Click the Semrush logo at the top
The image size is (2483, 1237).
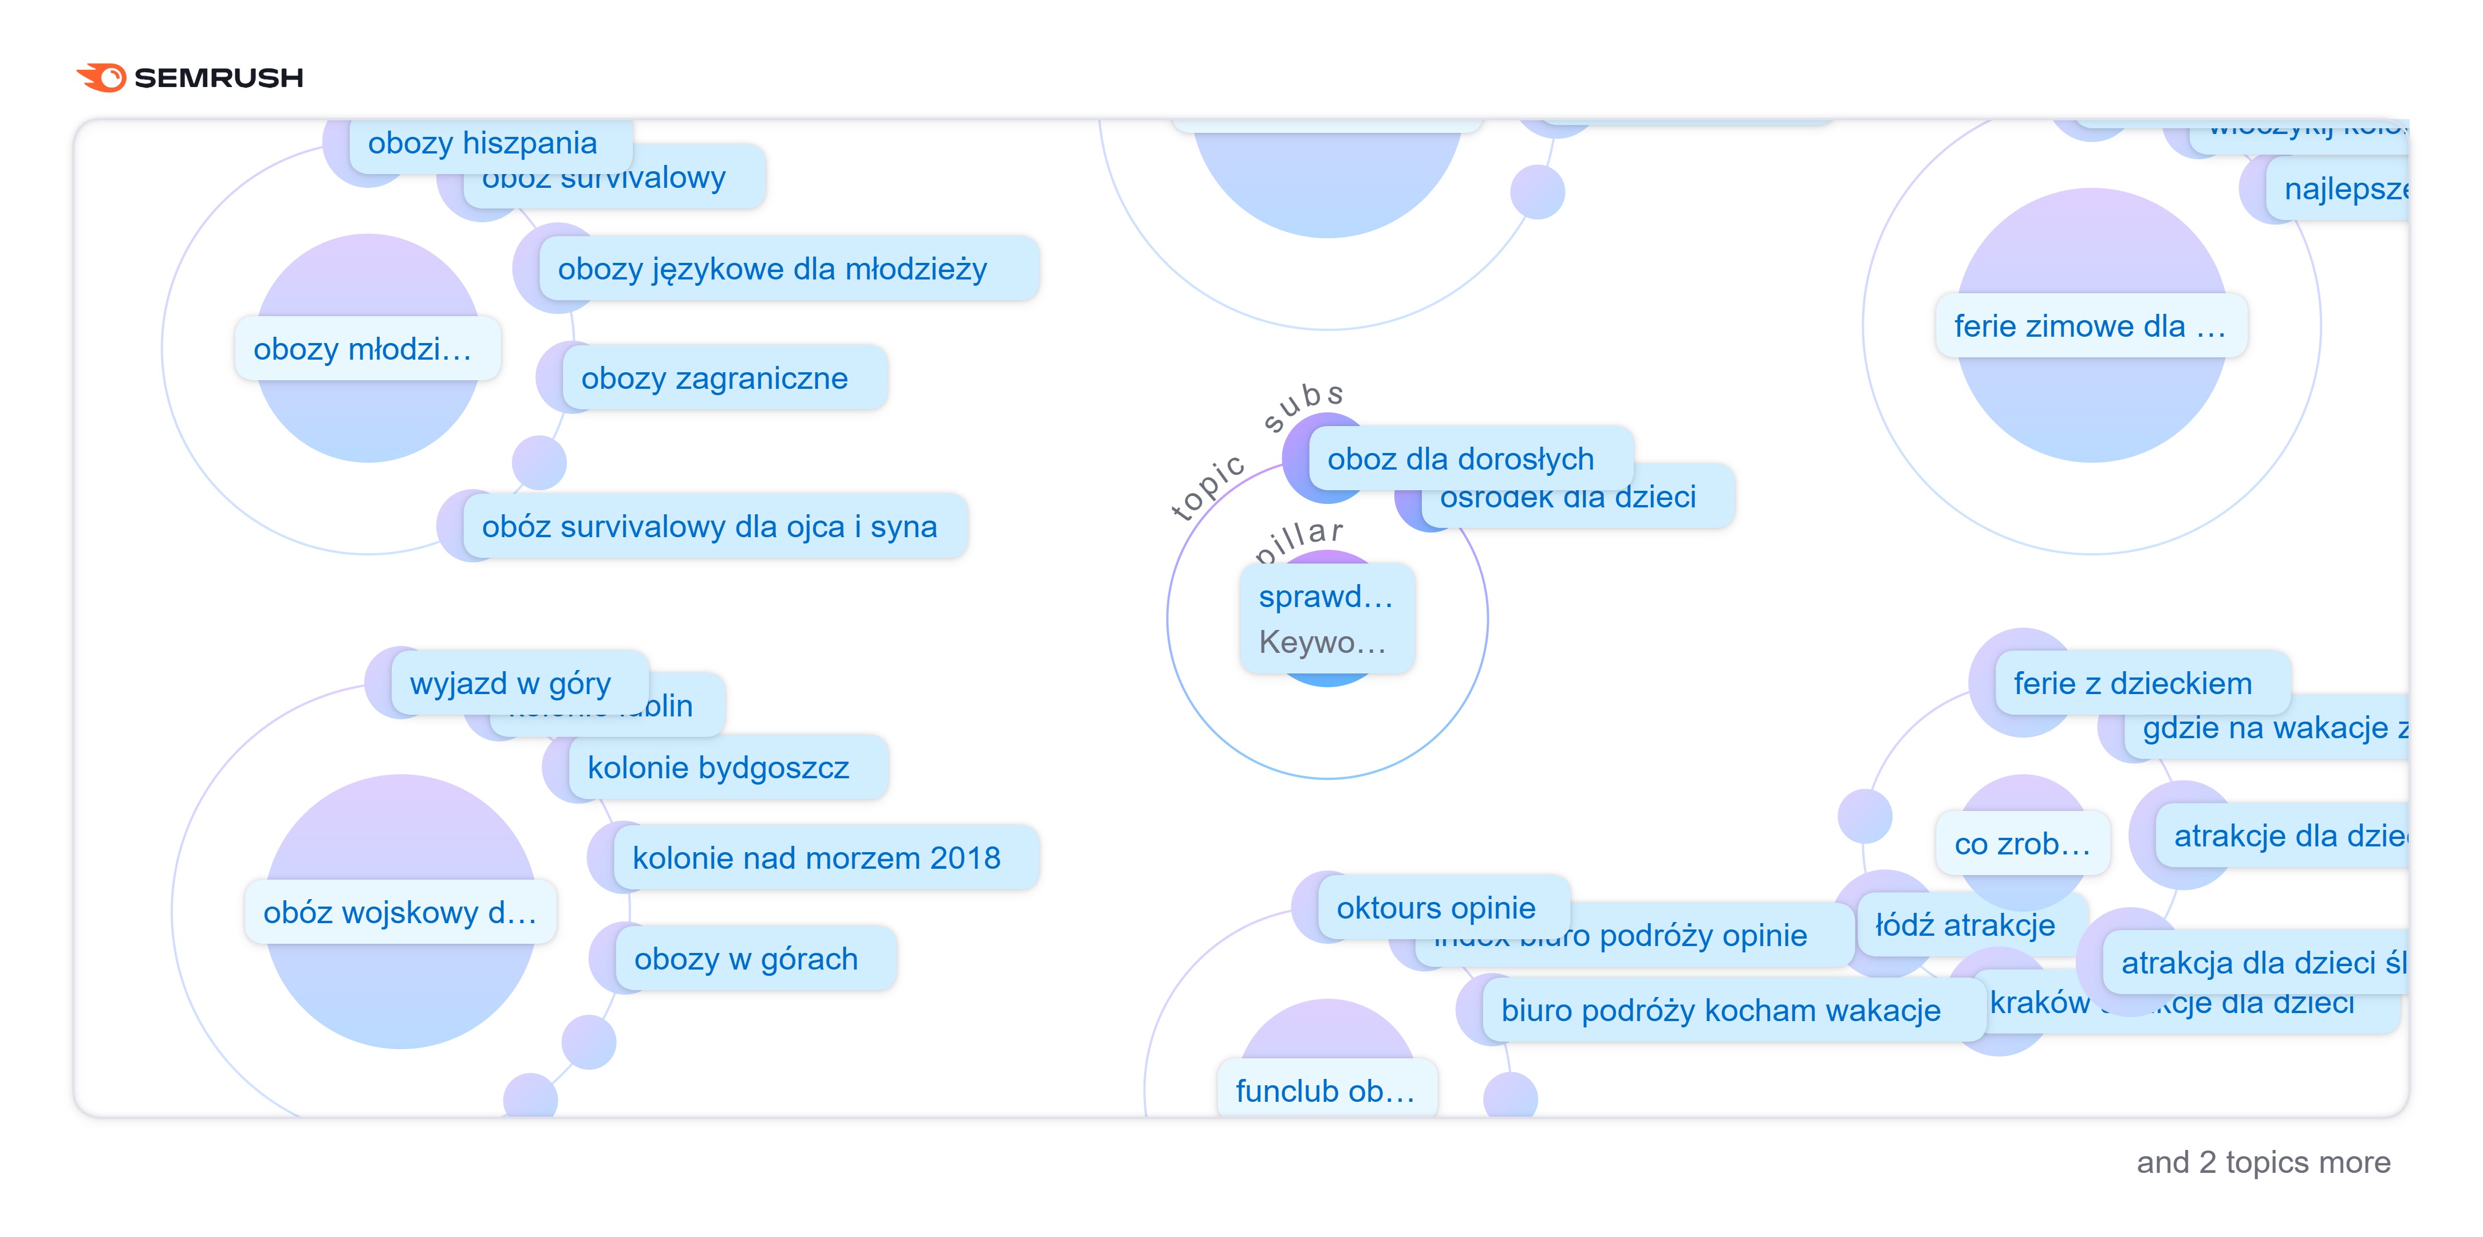(x=190, y=77)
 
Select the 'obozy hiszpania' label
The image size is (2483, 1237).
(x=482, y=143)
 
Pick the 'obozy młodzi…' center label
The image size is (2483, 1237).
(x=364, y=348)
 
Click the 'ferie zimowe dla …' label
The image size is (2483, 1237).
(x=2089, y=326)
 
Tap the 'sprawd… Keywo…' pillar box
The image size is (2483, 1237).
(x=1326, y=618)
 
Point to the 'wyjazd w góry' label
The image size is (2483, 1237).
(x=511, y=683)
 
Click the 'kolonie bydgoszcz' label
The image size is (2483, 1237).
(x=718, y=767)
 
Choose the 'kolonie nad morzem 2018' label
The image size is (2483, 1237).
(x=817, y=857)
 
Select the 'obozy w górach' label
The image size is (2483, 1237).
(x=746, y=958)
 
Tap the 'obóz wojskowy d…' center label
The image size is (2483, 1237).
(x=400, y=911)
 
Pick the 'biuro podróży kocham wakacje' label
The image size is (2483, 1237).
(x=1721, y=1010)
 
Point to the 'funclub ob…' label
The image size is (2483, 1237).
(x=1325, y=1090)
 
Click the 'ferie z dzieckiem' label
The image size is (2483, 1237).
(x=2132, y=683)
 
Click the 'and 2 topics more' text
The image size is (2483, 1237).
(x=2263, y=1162)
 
